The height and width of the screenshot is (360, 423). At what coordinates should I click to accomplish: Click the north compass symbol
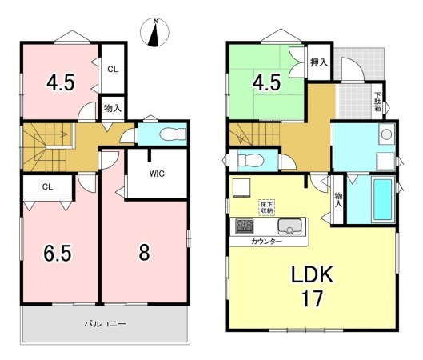(154, 32)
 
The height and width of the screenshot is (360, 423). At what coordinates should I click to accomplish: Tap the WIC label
(157, 174)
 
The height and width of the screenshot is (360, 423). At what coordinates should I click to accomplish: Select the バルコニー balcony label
(105, 323)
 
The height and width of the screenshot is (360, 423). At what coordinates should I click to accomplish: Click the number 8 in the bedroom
(144, 253)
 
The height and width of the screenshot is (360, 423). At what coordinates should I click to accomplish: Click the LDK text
(312, 274)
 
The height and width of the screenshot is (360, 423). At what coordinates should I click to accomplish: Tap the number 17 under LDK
(312, 298)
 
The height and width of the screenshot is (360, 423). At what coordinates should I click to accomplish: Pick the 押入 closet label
(319, 62)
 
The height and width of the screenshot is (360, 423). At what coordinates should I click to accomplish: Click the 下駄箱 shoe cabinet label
(377, 102)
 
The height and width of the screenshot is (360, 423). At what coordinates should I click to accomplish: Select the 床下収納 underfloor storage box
(267, 207)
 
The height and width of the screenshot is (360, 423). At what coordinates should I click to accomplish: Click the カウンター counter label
(266, 242)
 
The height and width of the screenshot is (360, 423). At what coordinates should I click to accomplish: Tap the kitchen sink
(289, 226)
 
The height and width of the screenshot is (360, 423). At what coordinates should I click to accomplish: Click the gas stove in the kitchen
(245, 226)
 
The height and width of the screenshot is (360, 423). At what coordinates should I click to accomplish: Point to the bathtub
(383, 199)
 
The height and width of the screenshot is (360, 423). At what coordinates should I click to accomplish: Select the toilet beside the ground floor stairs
(250, 160)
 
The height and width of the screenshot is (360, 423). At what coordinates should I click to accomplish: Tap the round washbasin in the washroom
(387, 134)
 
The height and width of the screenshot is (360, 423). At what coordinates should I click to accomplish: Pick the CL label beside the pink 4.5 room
(113, 70)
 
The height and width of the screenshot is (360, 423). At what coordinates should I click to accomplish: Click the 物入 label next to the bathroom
(338, 200)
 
